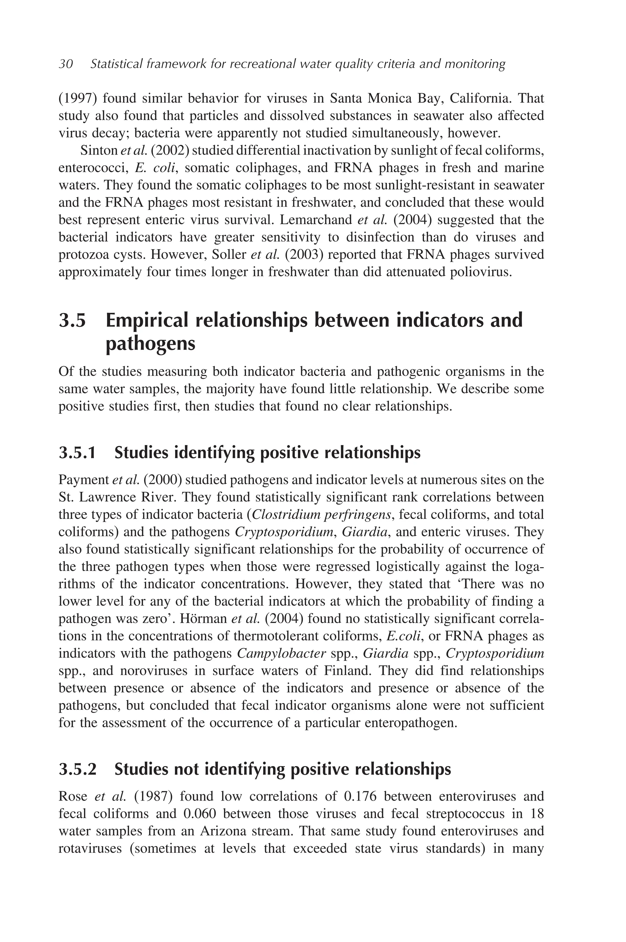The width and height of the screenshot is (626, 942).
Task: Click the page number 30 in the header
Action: [x=66, y=64]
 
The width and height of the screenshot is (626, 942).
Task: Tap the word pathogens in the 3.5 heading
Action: [x=150, y=344]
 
